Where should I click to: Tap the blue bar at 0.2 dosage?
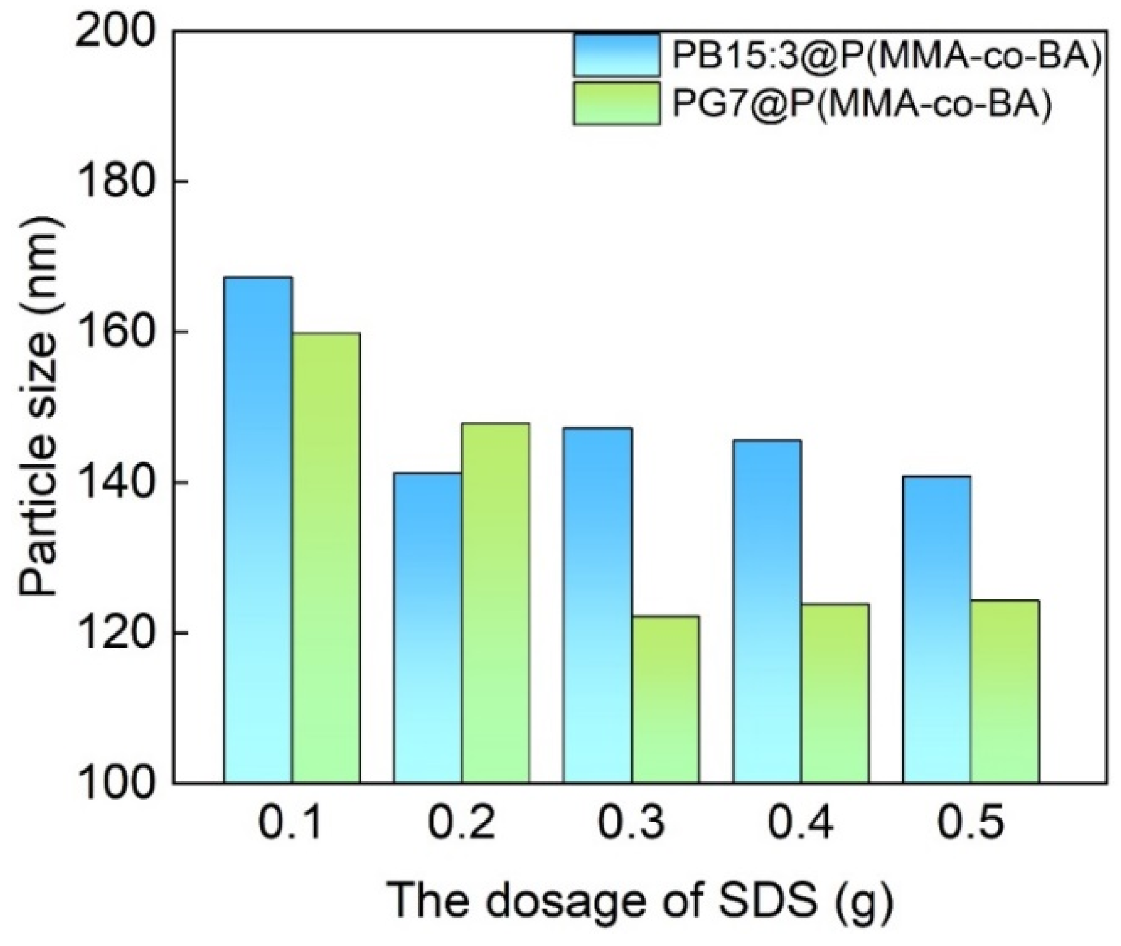pyautogui.click(x=427, y=628)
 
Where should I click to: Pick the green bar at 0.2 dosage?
pyautogui.click(x=495, y=604)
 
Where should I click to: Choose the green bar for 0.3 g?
pyautogui.click(x=665, y=700)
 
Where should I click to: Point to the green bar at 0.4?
pyautogui.click(x=835, y=693)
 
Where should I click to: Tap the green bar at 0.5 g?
pyautogui.click(x=1005, y=692)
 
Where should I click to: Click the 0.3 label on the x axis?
pyautogui.click(x=631, y=824)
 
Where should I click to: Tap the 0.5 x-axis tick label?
pyautogui.click(x=970, y=824)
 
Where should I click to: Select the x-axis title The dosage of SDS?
pyautogui.click(x=640, y=901)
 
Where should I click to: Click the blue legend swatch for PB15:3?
pyautogui.click(x=616, y=55)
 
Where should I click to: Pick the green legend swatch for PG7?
pyautogui.click(x=616, y=103)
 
